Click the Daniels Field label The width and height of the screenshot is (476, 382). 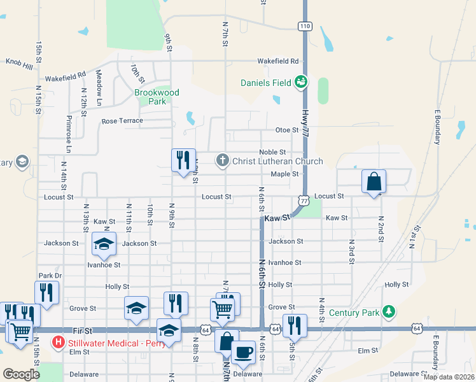click(265, 83)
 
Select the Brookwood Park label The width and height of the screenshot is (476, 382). click(157, 97)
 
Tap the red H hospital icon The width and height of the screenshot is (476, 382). click(59, 342)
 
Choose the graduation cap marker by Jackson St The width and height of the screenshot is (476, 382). click(104, 243)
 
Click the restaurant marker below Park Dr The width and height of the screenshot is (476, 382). click(46, 291)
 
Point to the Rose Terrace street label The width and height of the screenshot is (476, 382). click(122, 120)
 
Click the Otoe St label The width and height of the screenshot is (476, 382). click(286, 130)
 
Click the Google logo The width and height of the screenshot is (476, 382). click(21, 374)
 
